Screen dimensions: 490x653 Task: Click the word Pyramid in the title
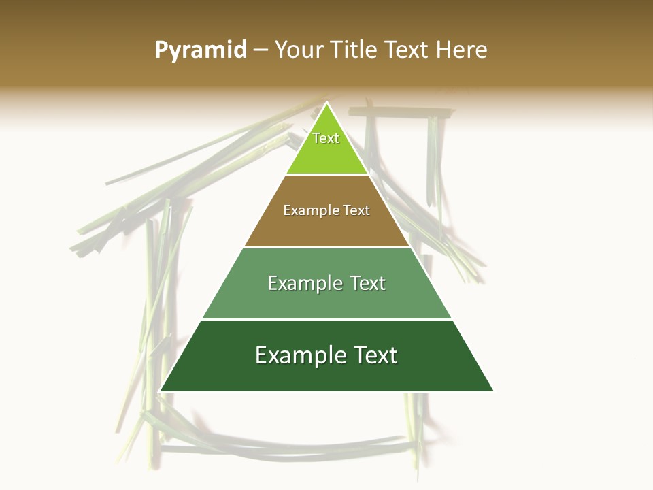pyautogui.click(x=201, y=50)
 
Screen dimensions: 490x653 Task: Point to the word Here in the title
pyautogui.click(x=461, y=50)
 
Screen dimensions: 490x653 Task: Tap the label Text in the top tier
pyautogui.click(x=326, y=138)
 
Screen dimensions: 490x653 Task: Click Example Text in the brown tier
pyautogui.click(x=326, y=210)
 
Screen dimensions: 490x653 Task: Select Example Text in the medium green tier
pyautogui.click(x=326, y=283)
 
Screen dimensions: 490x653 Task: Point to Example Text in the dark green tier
pyautogui.click(x=326, y=355)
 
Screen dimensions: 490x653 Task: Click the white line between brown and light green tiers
pyautogui.click(x=326, y=175)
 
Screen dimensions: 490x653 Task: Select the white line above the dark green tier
pyautogui.click(x=326, y=319)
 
